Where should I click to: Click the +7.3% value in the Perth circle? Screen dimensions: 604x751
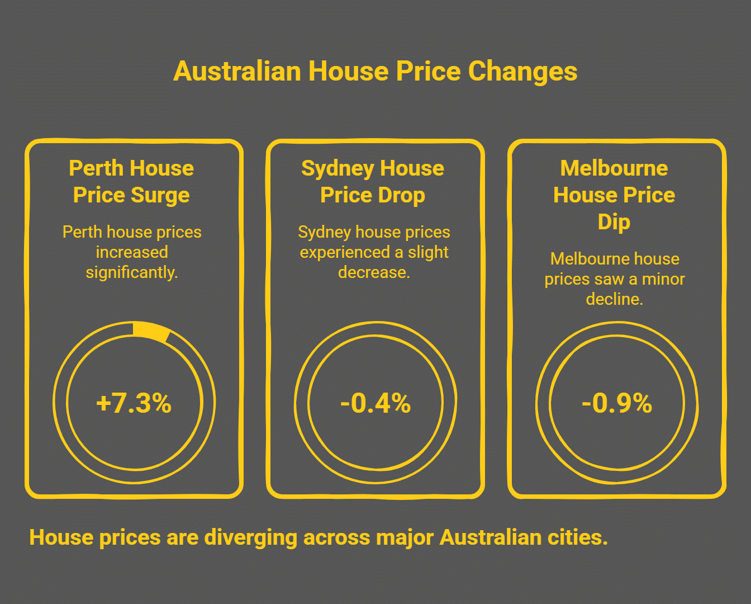(134, 403)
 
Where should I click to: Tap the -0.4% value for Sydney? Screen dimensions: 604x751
(375, 403)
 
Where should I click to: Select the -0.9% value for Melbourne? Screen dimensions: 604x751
(616, 403)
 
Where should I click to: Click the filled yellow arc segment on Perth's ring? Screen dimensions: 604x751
(151, 331)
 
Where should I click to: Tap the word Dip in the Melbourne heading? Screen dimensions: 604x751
(614, 222)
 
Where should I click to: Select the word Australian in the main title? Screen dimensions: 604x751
(237, 72)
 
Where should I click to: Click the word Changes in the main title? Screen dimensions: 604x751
(522, 72)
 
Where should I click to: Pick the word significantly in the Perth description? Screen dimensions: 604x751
(131, 272)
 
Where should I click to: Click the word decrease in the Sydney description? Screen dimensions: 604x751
(373, 272)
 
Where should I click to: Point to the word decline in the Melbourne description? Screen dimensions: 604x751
(614, 299)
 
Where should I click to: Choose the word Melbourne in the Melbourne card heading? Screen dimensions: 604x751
(614, 168)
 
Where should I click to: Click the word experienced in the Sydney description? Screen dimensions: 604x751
(345, 252)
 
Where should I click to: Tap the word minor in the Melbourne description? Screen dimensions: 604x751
(663, 279)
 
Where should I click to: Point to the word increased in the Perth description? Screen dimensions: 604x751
(131, 252)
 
